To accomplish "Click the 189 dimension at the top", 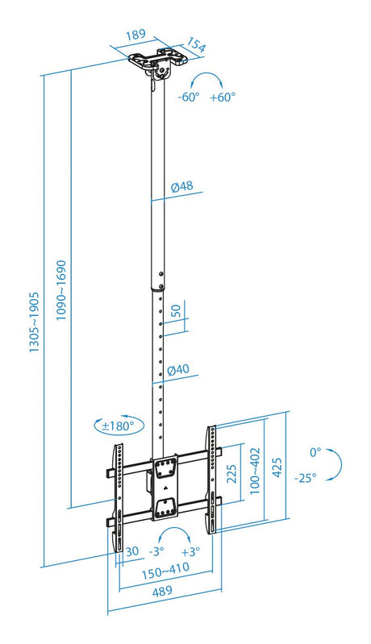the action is [135, 34].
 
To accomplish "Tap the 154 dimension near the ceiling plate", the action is [196, 45].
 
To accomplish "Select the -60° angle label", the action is [188, 98].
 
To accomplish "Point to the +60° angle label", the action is [223, 98].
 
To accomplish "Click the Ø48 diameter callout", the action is [182, 186].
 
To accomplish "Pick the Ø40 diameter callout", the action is [179, 369].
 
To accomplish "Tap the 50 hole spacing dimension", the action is [176, 310].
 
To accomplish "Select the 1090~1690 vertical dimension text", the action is [61, 290].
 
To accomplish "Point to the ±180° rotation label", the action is [119, 426].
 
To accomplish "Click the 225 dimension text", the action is [231, 474].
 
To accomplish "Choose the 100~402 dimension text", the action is [255, 471].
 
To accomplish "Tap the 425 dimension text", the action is [277, 467].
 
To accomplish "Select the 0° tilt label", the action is [315, 453].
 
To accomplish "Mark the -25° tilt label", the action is [305, 478].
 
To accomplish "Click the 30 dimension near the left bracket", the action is [132, 551].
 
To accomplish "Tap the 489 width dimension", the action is [162, 592].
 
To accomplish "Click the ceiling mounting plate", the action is [158, 58].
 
